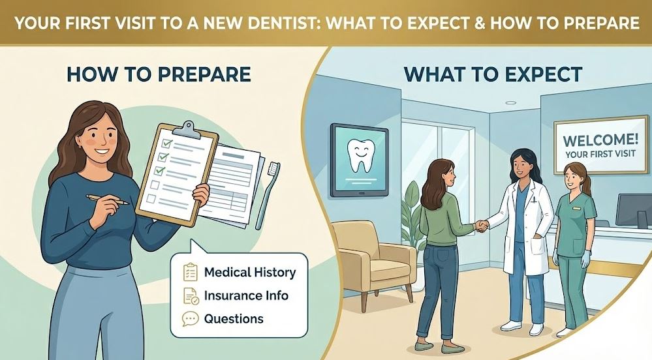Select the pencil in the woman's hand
pos(108,199)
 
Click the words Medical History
pos(249,273)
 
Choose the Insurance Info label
pos(246,295)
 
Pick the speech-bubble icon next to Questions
pos(190,319)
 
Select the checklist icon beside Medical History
pos(190,272)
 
